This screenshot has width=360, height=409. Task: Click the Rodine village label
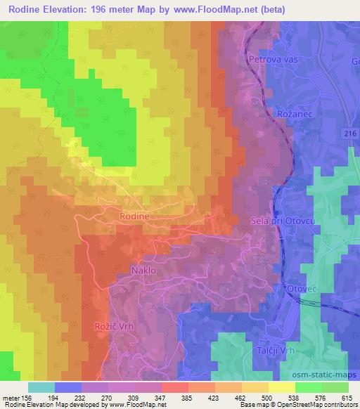pos(134,217)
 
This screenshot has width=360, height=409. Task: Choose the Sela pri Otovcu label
pos(280,221)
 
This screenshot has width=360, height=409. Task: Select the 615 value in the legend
pos(347,397)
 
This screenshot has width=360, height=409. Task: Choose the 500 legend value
pos(267,397)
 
